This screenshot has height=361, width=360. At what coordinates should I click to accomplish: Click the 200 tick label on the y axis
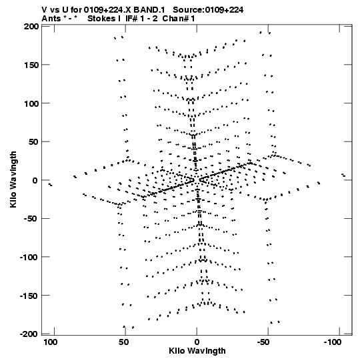[31, 27]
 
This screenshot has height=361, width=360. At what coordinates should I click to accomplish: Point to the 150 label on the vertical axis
[31, 65]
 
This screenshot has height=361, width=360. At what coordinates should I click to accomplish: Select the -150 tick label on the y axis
[29, 296]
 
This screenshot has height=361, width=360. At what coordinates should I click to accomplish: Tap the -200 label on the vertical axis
[29, 334]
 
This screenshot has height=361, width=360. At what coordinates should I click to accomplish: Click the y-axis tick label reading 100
[31, 103]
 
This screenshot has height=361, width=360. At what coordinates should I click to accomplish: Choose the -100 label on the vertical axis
[29, 257]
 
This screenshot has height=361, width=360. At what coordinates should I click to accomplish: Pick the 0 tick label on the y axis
[35, 180]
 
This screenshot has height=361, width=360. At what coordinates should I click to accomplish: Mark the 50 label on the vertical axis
[33, 142]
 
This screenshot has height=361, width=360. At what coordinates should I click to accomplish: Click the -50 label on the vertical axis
[31, 218]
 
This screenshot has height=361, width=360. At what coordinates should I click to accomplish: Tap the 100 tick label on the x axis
[51, 342]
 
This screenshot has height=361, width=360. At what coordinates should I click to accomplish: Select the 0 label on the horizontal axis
[197, 342]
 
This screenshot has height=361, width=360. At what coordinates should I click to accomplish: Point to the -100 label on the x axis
[333, 342]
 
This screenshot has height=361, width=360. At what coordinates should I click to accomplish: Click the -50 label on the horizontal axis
[263, 342]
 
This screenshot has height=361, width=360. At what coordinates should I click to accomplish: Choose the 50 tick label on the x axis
[124, 342]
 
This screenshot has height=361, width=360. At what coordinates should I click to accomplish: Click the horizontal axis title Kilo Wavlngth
[197, 351]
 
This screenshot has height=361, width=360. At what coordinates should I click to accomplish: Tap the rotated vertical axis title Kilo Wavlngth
[13, 179]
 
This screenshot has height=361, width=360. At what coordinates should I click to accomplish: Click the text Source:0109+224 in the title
[208, 9]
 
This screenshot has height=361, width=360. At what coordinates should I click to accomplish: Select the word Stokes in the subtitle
[101, 19]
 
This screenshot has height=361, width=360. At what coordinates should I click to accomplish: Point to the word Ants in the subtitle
[51, 19]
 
